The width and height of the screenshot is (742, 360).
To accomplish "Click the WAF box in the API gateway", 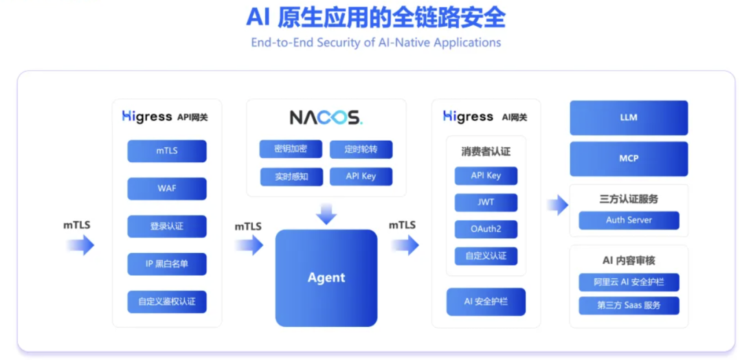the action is point(166,188).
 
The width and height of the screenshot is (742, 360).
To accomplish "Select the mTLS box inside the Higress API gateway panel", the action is point(166,150).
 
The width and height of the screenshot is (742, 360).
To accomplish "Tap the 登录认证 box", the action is point(166,226).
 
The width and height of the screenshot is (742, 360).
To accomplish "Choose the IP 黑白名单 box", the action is point(166,264).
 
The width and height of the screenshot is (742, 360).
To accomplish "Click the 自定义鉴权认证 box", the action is point(166,302).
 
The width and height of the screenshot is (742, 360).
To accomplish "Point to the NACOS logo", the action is point(326,117).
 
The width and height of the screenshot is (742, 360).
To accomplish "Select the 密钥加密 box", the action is point(291,149).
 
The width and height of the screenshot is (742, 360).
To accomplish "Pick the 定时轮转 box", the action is point(361,149).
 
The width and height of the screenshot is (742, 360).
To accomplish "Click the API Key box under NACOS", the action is point(361,176).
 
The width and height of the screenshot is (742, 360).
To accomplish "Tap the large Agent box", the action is point(326,278).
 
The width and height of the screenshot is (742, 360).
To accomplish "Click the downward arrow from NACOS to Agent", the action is point(326,214).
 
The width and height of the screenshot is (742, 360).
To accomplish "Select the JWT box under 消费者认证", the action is point(486,202).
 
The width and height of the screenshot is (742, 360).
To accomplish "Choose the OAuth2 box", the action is point(486,229).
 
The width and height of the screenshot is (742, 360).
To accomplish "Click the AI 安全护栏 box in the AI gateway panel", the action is point(486,302).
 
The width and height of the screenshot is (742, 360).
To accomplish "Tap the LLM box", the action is point(629,117).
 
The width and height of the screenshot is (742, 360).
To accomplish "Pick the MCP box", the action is point(629,159).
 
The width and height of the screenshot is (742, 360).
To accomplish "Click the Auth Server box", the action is point(629,221).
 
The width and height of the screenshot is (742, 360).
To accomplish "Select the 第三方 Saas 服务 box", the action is point(629,305).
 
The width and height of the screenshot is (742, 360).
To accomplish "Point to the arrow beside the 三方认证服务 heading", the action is point(558,205).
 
